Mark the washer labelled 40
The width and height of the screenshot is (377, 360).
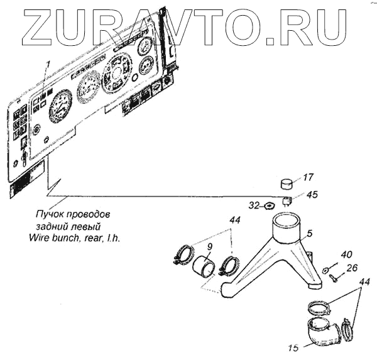[x=325, y=269]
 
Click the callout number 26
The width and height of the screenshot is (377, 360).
[x=352, y=268]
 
